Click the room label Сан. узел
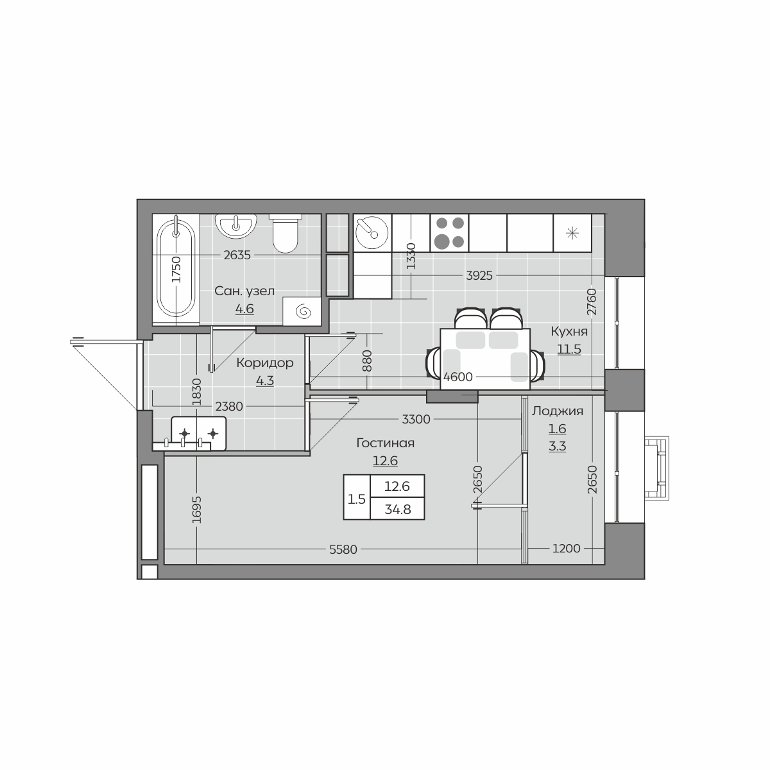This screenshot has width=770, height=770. click(x=244, y=291)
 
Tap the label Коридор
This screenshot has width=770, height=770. click(x=265, y=363)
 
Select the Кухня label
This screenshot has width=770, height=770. click(x=569, y=332)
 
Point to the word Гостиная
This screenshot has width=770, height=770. click(x=385, y=443)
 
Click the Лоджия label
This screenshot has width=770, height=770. click(x=557, y=411)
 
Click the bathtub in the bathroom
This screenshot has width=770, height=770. click(x=176, y=269)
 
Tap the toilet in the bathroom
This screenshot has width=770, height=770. click(x=286, y=234)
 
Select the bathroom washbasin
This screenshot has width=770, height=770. click(x=235, y=226)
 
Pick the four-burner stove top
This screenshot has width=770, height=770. click(x=449, y=233)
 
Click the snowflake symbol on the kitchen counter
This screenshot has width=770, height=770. click(x=572, y=233)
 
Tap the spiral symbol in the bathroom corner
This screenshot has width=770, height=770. click(x=304, y=311)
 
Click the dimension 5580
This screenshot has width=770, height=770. click(x=343, y=550)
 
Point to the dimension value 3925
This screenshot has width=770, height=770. click(x=479, y=276)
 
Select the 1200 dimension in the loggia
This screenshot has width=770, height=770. click(x=566, y=549)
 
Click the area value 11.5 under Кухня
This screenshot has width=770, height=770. click(x=569, y=349)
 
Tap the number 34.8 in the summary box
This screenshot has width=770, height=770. click(x=398, y=509)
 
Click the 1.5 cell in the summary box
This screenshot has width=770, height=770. click(x=356, y=499)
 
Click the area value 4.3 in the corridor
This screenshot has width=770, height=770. click(x=265, y=381)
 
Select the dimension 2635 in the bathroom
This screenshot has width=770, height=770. click(x=237, y=255)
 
